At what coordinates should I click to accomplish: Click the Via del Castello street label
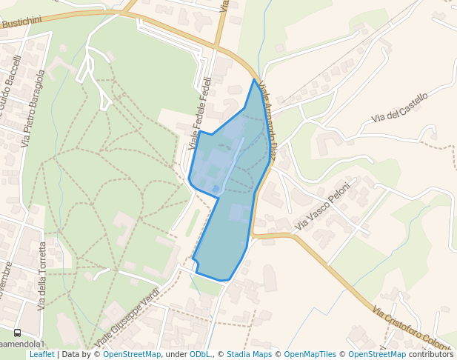point(400,107)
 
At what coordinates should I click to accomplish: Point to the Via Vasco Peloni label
point(322,204)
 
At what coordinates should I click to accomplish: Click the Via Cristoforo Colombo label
point(415,331)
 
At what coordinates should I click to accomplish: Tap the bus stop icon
point(17,333)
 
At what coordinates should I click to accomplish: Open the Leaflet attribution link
point(41,354)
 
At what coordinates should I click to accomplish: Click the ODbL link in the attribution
point(199,354)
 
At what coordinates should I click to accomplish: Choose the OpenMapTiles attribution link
point(310,354)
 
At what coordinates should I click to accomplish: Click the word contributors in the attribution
point(431,354)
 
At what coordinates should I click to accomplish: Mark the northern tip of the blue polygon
point(254,79)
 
